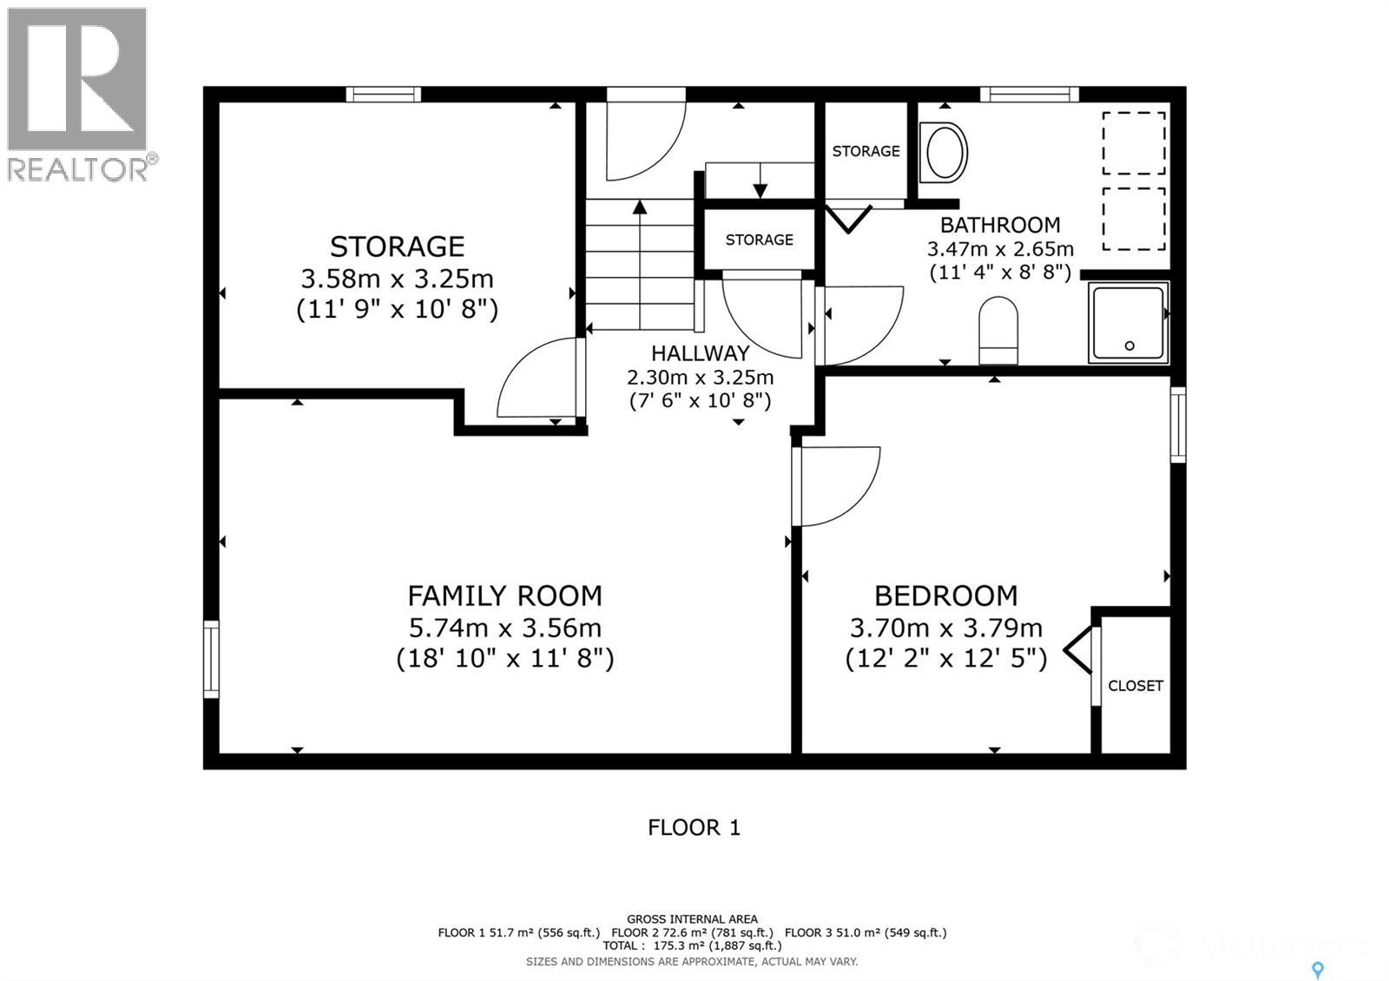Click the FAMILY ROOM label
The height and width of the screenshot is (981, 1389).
pos(504,596)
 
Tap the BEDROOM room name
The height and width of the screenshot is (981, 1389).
pos(945,596)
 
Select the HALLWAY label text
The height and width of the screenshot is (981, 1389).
pos(700,353)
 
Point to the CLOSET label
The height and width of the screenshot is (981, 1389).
pos(1136,686)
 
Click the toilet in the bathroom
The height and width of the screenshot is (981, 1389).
pos(998,331)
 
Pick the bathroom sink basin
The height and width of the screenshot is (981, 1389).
pos(943,153)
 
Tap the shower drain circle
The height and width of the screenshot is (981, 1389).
pos(1129,346)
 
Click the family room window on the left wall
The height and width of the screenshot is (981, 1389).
pos(212,659)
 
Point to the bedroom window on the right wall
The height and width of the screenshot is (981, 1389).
pos(1178,425)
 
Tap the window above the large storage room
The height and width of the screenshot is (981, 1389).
pos(383,95)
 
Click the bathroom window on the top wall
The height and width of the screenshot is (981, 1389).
pos(1030,95)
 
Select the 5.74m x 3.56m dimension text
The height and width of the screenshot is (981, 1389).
pos(504,629)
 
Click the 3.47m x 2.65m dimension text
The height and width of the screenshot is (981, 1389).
pos(1000,249)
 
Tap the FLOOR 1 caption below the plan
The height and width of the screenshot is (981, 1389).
pos(694,827)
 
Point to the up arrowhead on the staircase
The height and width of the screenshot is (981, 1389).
pos(640,207)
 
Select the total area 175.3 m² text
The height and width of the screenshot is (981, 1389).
pos(692,945)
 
